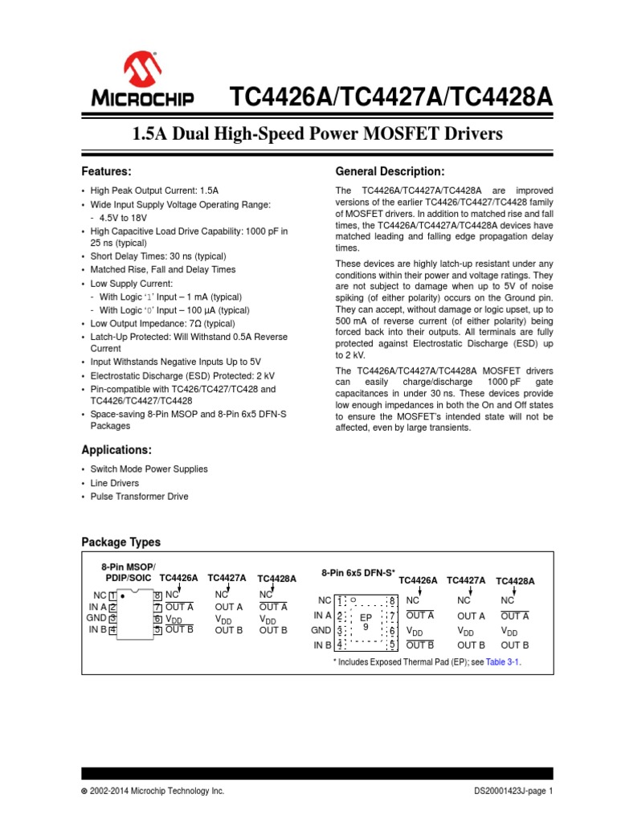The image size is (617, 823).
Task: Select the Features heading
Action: [x=106, y=172]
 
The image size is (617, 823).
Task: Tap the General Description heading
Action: [x=390, y=172]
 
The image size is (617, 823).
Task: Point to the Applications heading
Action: [x=116, y=449]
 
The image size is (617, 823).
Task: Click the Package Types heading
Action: [x=121, y=543]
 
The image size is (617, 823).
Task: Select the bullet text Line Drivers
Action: [x=114, y=483]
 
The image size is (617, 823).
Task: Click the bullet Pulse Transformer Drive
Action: [x=139, y=497]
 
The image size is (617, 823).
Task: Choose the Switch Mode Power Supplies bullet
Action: [x=149, y=469]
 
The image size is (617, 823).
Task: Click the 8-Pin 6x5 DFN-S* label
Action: [x=358, y=573]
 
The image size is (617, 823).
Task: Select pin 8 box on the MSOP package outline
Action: [x=157, y=596]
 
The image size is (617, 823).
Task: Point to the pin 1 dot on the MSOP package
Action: [x=122, y=597]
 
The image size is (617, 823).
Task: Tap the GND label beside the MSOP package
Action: [x=96, y=618]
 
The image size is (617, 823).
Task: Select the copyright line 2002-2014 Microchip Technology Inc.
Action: [x=153, y=792]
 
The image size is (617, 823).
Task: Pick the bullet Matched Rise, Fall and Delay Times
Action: [x=162, y=270]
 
